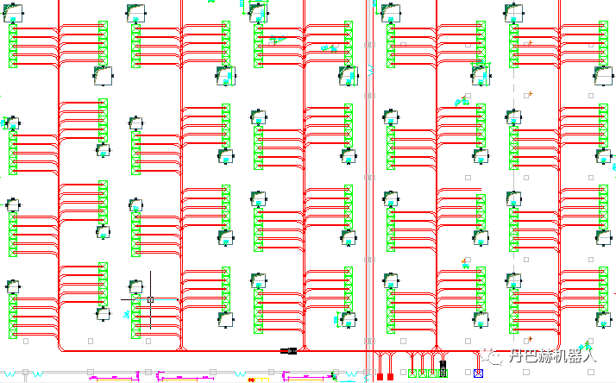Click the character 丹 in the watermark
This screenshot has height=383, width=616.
pyautogui.click(x=516, y=355)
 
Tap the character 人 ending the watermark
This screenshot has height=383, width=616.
pyautogui.click(x=588, y=355)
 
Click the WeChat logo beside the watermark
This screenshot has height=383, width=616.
pyautogui.click(x=493, y=355)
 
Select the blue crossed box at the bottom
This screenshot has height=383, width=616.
pyautogui.click(x=479, y=374)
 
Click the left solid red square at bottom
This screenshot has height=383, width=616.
pyautogui.click(x=380, y=376)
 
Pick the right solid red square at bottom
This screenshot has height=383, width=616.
pyautogui.click(x=390, y=376)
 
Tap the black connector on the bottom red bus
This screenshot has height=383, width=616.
pyautogui.click(x=289, y=350)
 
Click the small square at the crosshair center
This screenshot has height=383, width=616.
pyautogui.click(x=150, y=299)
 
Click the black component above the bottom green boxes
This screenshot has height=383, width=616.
pyautogui.click(x=443, y=365)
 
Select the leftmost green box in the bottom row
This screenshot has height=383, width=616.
pyautogui.click(x=412, y=374)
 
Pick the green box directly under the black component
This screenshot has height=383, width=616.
pyautogui.click(x=443, y=374)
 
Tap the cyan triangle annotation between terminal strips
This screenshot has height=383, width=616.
pyautogui.click(x=277, y=40)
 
